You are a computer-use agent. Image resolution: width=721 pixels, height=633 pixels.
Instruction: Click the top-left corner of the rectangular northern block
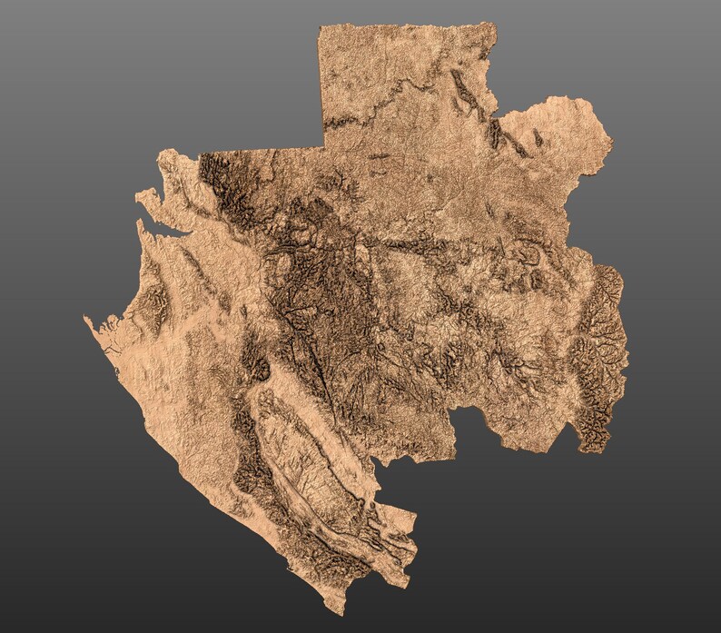click(x=320, y=28)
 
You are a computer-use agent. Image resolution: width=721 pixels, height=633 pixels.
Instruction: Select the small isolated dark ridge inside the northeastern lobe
click(x=538, y=137)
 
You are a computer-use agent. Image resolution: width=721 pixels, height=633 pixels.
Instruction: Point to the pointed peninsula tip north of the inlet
click(x=138, y=194)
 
